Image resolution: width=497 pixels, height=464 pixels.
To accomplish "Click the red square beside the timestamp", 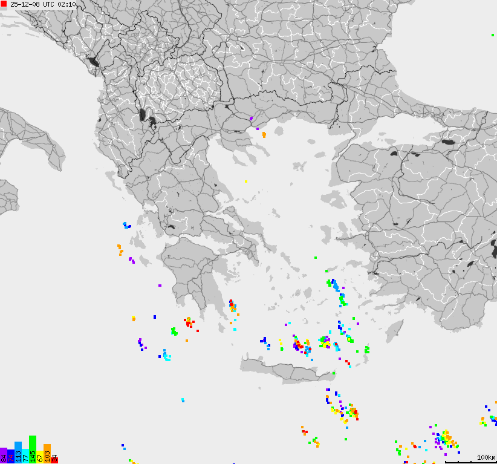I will click(x=4, y=4).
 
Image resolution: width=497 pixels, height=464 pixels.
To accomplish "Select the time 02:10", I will click(x=67, y=4).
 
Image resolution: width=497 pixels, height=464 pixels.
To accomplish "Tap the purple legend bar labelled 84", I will click(x=4, y=456).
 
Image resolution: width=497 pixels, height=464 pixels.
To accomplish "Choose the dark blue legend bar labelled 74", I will click(x=11, y=453).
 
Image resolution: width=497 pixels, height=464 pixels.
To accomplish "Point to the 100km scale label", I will click(x=486, y=457).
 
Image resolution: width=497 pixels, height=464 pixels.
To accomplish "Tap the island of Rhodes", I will click(x=394, y=330).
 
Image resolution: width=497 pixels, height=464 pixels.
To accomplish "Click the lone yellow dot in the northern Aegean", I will click(x=247, y=181).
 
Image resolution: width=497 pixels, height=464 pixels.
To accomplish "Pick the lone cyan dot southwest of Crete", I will click(x=183, y=400).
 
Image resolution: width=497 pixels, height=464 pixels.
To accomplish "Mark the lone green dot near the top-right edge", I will click(x=493, y=35).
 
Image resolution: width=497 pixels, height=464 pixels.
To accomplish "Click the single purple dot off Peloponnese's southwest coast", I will click(x=160, y=285).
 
